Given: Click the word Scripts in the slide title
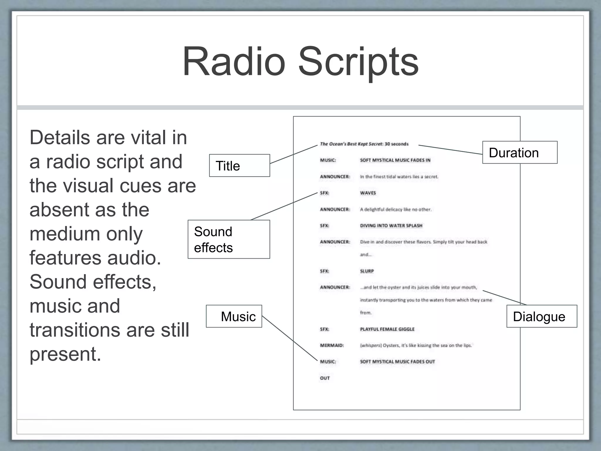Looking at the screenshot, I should pos(358,62).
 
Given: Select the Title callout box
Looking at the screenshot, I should pos(239,166).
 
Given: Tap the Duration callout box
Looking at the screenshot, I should pos(520,153).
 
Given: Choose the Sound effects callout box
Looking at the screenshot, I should pos(229,239).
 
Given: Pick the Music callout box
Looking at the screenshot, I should pos(234,316).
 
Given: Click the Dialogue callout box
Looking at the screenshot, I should pos(541,317).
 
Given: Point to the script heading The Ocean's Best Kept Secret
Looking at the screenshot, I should pos(351,144).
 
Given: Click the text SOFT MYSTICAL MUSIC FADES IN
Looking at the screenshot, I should pos(395,160).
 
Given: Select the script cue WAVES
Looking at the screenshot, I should pos(368,193).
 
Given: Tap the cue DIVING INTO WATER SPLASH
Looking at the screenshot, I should pos(391,225).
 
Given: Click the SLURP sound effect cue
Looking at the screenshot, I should pos(367,271).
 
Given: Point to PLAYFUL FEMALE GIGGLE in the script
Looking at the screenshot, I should pos(387,329).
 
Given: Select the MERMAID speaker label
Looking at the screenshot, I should pos(332,345).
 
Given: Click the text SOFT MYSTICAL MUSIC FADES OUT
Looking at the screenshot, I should pos(397,362).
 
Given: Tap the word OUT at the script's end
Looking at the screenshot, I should pos(325,378).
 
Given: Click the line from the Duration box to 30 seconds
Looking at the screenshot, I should pos(450,149).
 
